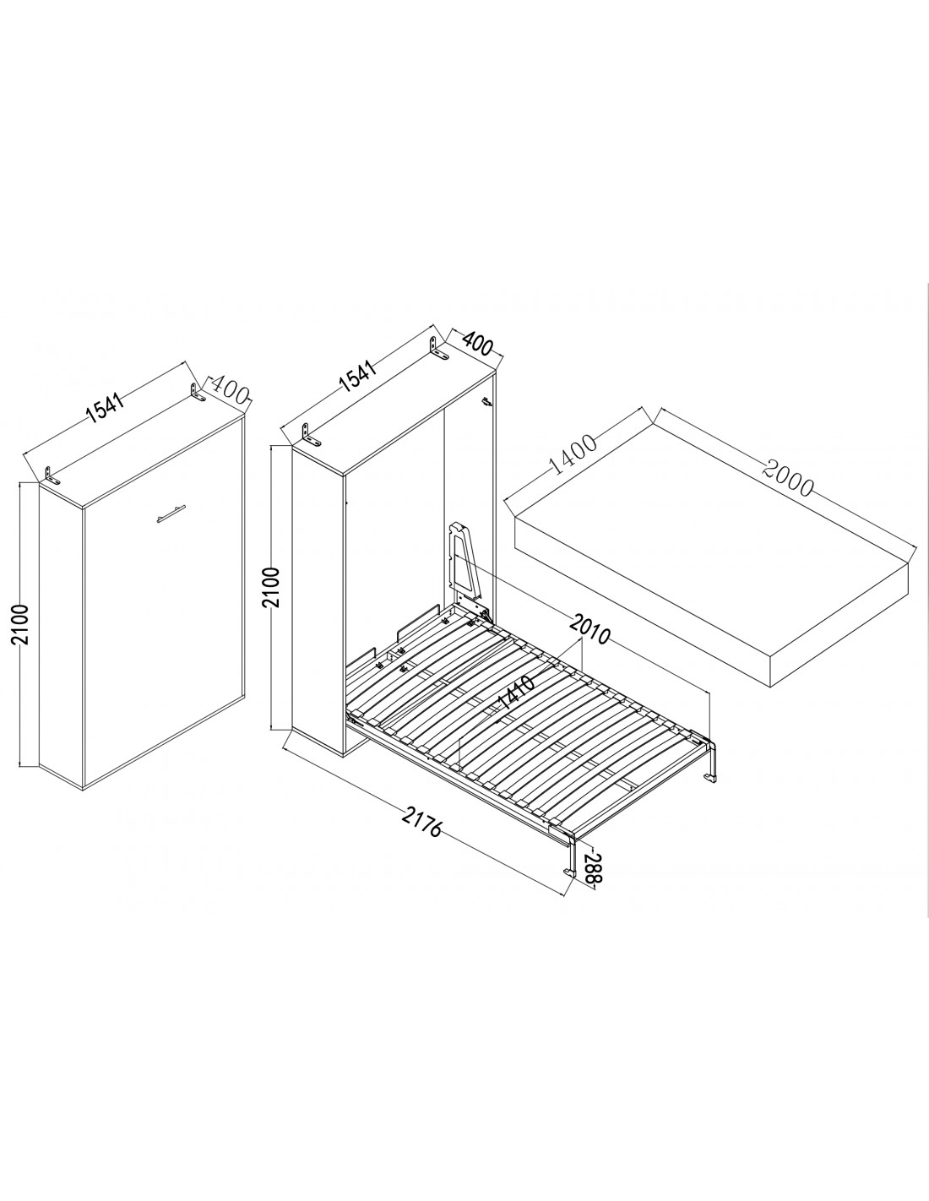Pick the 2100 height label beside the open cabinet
coord(273,587)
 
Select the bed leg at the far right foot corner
coord(711,761)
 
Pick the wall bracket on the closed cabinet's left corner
coord(53,476)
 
